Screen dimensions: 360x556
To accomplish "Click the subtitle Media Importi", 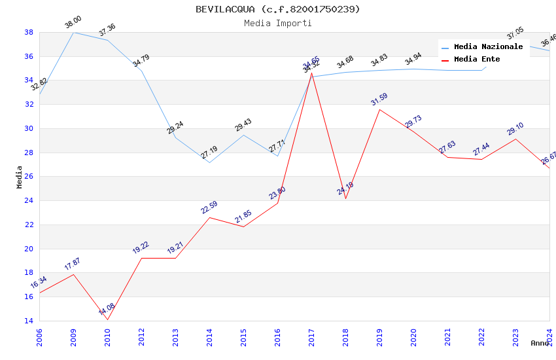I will pos(277,23).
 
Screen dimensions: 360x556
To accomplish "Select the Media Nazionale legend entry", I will pos(488,47).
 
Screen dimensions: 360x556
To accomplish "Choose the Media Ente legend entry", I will pos(476,59).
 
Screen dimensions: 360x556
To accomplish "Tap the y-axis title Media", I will pos(20,176).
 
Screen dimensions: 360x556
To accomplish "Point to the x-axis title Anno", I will pos(540,343).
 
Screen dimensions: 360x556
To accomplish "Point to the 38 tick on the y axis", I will pos(29,32).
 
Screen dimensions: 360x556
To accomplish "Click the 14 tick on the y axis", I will pos(29,321).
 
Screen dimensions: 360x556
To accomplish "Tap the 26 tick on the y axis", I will pos(29,176).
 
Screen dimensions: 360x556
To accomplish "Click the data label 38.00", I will pos(73,24).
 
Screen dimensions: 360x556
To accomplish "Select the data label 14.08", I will pos(107,309).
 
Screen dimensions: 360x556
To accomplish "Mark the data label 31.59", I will pos(379,99).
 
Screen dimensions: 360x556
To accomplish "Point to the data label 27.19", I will pos(209,153).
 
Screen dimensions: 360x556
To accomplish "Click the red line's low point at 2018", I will pos(345,198).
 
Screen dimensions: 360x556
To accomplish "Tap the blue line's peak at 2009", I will pos(73,32).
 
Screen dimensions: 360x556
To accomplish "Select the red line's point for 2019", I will pos(379,109).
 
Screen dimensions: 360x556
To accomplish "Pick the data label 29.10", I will pos(515,129).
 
